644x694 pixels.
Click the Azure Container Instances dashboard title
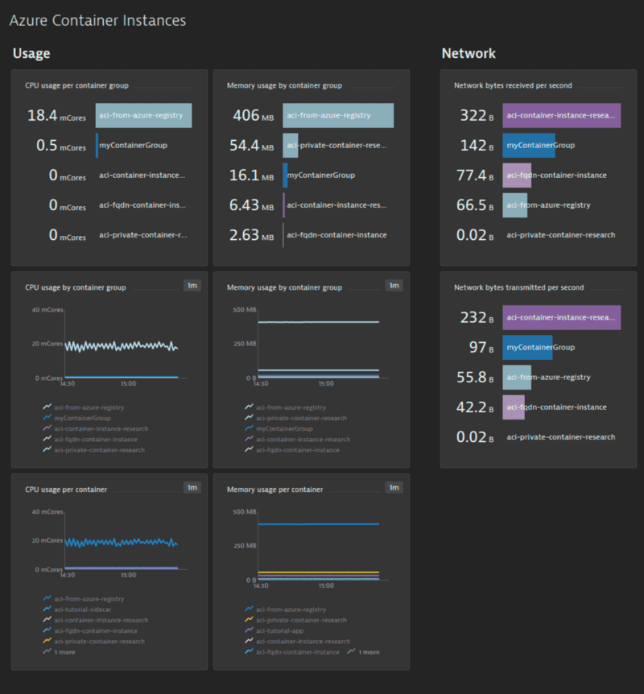point(97,20)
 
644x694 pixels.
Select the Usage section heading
point(31,54)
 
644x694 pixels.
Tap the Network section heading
point(469,54)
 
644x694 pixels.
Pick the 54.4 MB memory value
point(251,146)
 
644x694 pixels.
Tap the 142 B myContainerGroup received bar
point(529,146)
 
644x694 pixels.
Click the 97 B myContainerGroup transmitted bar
point(527,348)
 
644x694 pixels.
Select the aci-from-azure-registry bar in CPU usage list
point(143,116)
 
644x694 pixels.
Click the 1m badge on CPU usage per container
point(192,487)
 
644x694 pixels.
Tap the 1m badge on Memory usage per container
point(393,487)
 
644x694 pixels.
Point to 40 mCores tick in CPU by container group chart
point(46,310)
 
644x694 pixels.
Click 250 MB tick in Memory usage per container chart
point(245,546)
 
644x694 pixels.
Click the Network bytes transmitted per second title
point(518,287)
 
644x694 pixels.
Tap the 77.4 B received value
point(472,176)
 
